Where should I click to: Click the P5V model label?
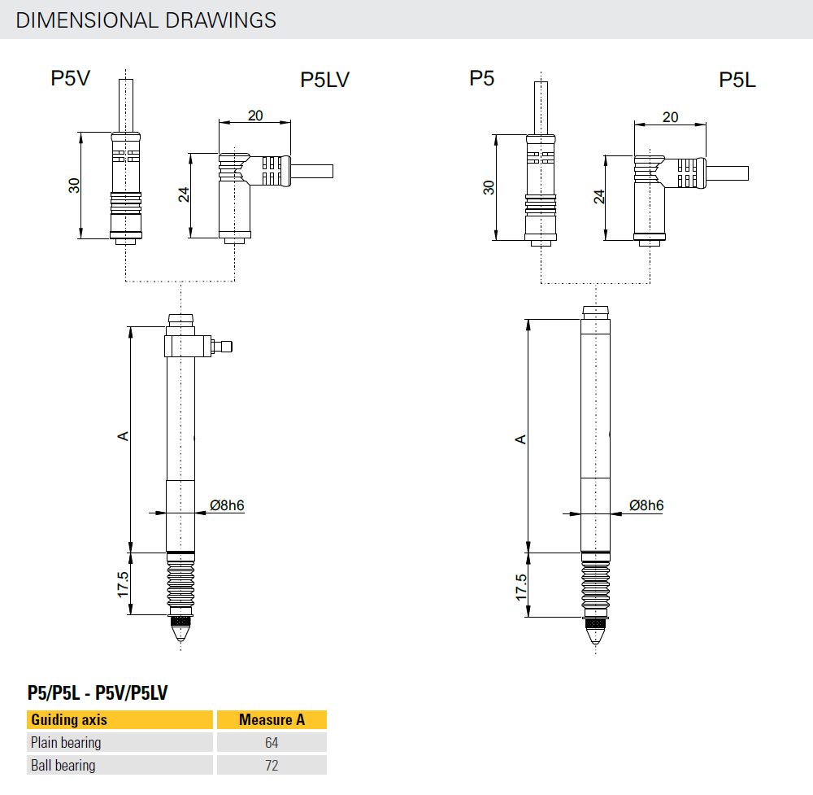(70, 78)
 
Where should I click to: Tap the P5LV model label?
(324, 80)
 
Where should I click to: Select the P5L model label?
(737, 80)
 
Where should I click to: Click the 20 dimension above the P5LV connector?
(255, 116)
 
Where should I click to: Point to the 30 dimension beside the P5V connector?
(74, 186)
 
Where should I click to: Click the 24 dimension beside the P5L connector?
(599, 197)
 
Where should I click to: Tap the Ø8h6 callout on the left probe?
(227, 505)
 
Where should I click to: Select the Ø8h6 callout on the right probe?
(646, 505)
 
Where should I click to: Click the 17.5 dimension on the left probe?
(122, 584)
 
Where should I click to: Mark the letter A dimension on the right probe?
(522, 439)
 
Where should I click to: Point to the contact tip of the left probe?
(180, 631)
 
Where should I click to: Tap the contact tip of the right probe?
(596, 633)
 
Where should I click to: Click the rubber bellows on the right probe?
(596, 586)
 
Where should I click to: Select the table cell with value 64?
(271, 742)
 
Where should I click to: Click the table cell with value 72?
(271, 765)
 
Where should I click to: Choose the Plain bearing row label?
(66, 742)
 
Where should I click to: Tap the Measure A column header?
(272, 719)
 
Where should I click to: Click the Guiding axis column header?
(69, 719)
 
